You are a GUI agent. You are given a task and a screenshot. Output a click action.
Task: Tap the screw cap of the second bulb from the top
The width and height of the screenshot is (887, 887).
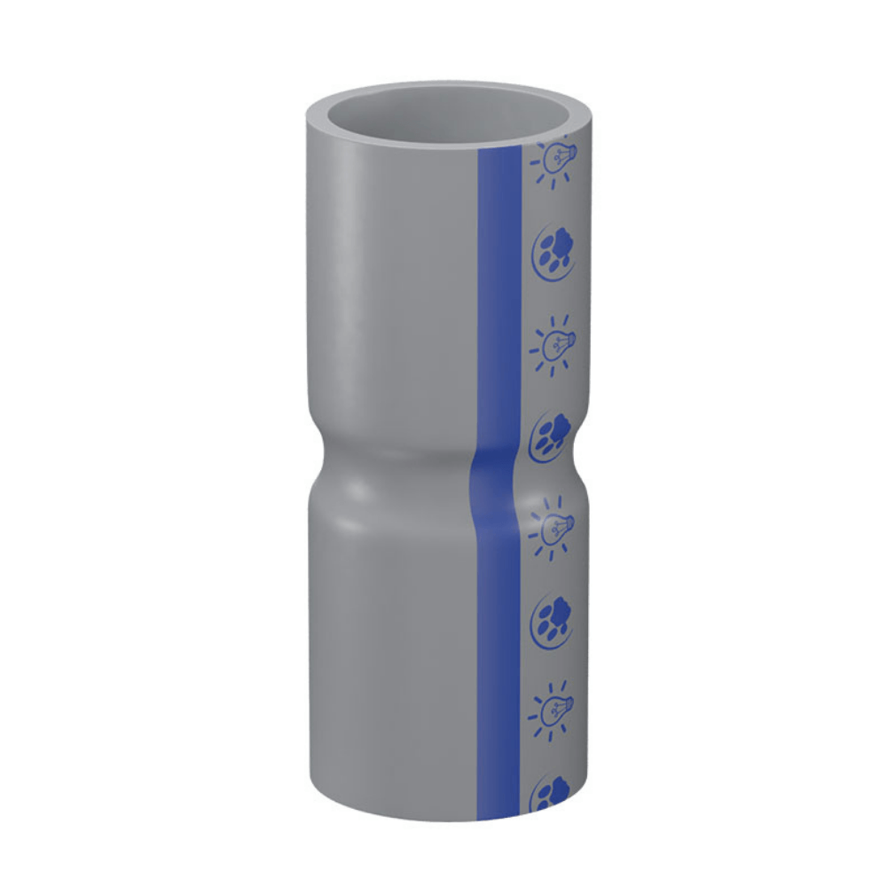pos(569,339)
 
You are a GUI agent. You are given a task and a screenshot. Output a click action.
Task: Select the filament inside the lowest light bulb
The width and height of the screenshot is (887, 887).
pos(552,710)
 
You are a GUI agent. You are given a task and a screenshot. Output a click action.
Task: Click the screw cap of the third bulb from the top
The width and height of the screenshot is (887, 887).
pos(569,523)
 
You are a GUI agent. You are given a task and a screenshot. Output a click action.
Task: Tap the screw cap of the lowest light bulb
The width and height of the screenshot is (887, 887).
pos(568,706)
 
